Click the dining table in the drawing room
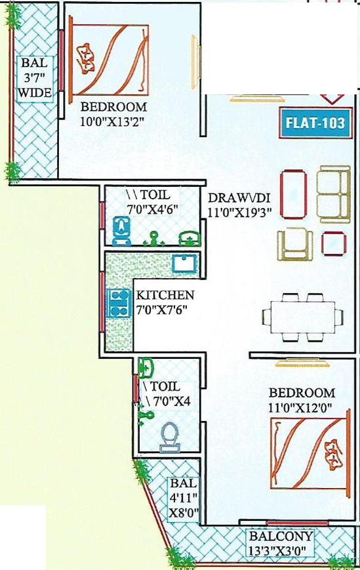pos(298,317)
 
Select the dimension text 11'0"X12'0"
pos(302,407)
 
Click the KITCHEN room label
pos(165,295)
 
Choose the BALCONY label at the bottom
pos(279,536)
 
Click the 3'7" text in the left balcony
pos(34,78)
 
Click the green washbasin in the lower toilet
pos(147,367)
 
